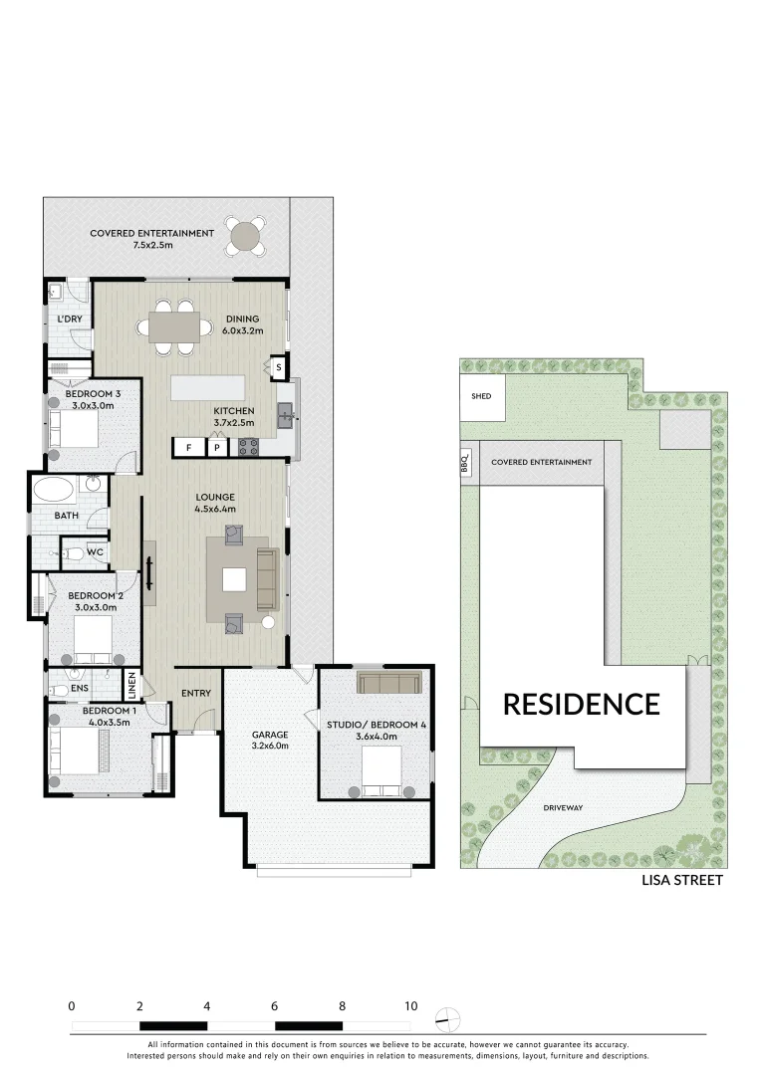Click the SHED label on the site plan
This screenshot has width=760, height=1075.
(x=481, y=396)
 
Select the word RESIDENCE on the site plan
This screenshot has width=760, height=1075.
(x=581, y=705)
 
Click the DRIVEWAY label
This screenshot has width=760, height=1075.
(x=563, y=807)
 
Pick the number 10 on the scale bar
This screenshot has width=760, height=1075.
(x=410, y=1006)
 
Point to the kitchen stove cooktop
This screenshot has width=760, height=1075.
(x=248, y=448)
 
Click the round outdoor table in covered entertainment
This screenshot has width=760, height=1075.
(x=245, y=236)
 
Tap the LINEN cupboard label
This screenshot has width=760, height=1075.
(x=130, y=685)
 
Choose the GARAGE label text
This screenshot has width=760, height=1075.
(x=270, y=735)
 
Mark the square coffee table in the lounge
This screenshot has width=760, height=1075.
(x=234, y=579)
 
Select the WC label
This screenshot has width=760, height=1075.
(x=95, y=551)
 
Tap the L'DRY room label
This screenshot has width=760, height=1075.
(x=70, y=319)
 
